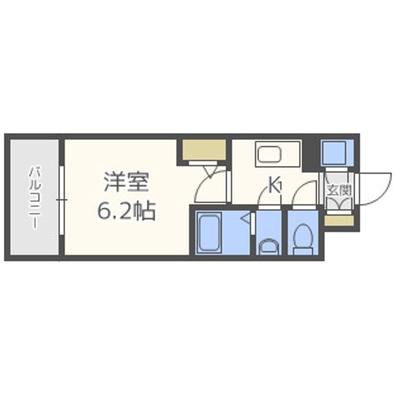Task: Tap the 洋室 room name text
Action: (x=126, y=182)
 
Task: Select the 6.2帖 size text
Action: (x=126, y=210)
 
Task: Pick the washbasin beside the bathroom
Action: (x=268, y=246)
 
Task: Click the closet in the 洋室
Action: (x=205, y=150)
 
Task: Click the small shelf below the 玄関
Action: (x=338, y=221)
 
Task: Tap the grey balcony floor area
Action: (x=34, y=230)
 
